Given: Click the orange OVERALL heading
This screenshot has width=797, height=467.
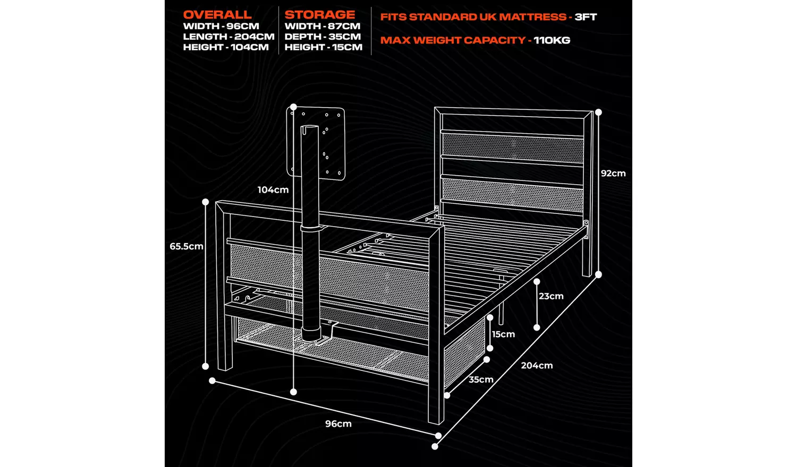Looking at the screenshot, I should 217,15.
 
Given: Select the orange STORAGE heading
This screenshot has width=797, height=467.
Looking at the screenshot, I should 319,15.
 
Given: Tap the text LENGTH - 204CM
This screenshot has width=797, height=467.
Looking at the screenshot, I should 228,37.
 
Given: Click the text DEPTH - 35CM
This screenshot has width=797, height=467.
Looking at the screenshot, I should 323,37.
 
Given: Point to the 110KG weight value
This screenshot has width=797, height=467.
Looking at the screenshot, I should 552,40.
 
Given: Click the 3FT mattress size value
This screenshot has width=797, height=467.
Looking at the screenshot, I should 586,17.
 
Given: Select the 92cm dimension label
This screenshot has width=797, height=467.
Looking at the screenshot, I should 613,174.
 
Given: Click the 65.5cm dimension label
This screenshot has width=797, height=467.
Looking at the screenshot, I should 186,246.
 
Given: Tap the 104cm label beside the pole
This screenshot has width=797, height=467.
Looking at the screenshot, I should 273,190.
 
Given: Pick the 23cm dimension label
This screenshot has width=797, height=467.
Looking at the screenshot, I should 551,296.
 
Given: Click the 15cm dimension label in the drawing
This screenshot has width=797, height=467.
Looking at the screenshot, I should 503,334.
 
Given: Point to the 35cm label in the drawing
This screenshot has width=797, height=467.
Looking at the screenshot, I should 481,379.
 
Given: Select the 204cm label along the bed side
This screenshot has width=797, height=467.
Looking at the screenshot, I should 537,366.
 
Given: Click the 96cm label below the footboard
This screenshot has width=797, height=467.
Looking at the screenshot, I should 338,423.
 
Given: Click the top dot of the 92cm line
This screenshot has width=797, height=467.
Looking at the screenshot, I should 599,113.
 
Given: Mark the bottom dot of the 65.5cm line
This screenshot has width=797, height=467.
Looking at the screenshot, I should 206,366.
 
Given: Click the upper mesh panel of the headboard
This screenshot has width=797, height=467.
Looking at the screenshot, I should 513,148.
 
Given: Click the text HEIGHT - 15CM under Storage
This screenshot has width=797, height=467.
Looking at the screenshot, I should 323,47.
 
